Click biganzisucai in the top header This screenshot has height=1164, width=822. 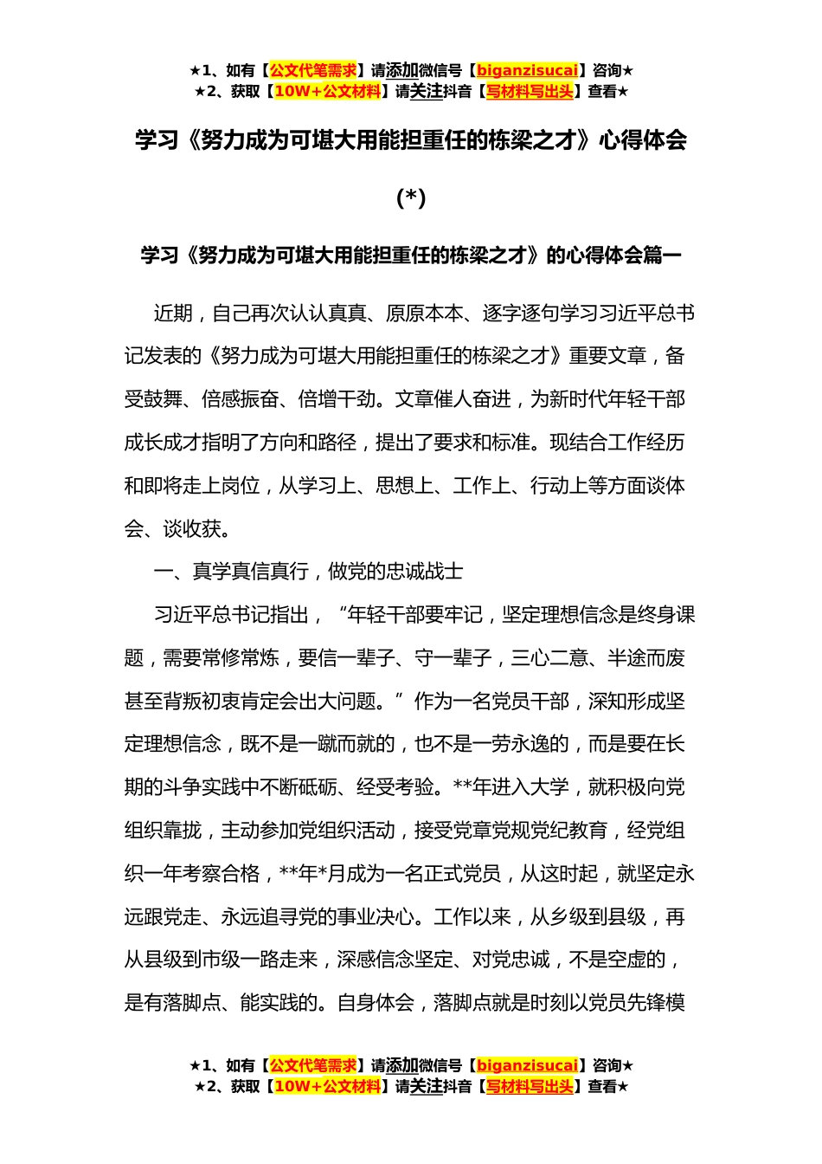pos(527,71)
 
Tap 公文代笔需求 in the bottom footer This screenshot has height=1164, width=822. pos(313,1065)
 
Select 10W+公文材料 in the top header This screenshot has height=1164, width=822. pos(327,92)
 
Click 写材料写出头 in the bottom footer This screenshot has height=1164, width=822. pos(530,1086)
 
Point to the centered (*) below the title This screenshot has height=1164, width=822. pos(411,198)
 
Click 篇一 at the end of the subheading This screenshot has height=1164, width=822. pos(662,255)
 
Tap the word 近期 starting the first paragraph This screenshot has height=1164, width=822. pos(173,314)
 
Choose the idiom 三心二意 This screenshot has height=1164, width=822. pos(549,658)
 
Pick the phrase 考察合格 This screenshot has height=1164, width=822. pos(222,874)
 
